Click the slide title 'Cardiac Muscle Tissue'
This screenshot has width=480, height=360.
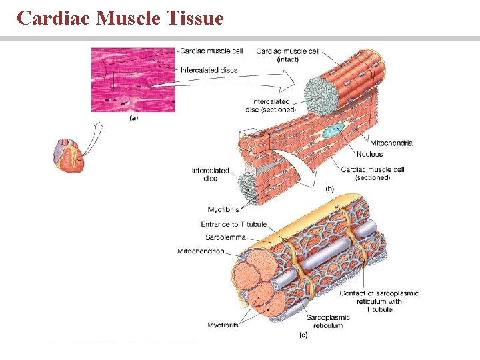[x=120, y=18]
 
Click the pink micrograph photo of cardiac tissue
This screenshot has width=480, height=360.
[x=133, y=79]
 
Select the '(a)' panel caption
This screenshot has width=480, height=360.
[x=133, y=118]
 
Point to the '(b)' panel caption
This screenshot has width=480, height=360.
[x=329, y=189]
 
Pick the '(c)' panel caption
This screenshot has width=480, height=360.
[x=303, y=335]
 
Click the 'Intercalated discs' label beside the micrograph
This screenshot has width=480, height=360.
[x=209, y=70]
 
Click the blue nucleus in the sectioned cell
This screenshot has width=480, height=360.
[x=333, y=131]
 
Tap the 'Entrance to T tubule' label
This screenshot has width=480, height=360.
[x=233, y=224]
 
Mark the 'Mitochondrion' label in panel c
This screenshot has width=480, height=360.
[x=201, y=251]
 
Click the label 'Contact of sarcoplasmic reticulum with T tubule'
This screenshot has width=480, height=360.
[x=379, y=301]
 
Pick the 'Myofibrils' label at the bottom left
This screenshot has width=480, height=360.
[x=223, y=325]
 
